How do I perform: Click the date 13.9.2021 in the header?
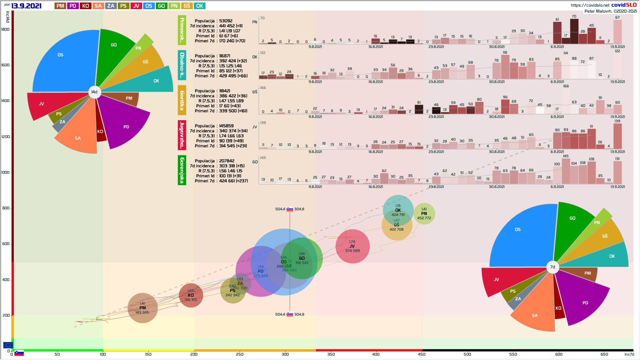click(26, 6)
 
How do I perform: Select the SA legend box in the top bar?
click(98, 6)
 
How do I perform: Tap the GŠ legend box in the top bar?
click(187, 6)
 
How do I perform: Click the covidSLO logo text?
click(624, 5)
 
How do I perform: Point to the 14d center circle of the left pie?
click(95, 92)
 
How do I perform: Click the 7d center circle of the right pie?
click(553, 267)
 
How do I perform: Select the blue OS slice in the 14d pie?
click(63, 63)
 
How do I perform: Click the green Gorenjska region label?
click(182, 170)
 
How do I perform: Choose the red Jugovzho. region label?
click(182, 135)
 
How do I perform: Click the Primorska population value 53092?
click(226, 21)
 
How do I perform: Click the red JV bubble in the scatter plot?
click(352, 246)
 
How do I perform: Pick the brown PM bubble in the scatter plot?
click(143, 308)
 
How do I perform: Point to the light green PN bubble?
click(424, 214)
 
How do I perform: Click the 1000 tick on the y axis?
click(6, 172)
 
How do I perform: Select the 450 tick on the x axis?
click(422, 354)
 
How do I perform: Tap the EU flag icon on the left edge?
click(8, 345)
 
